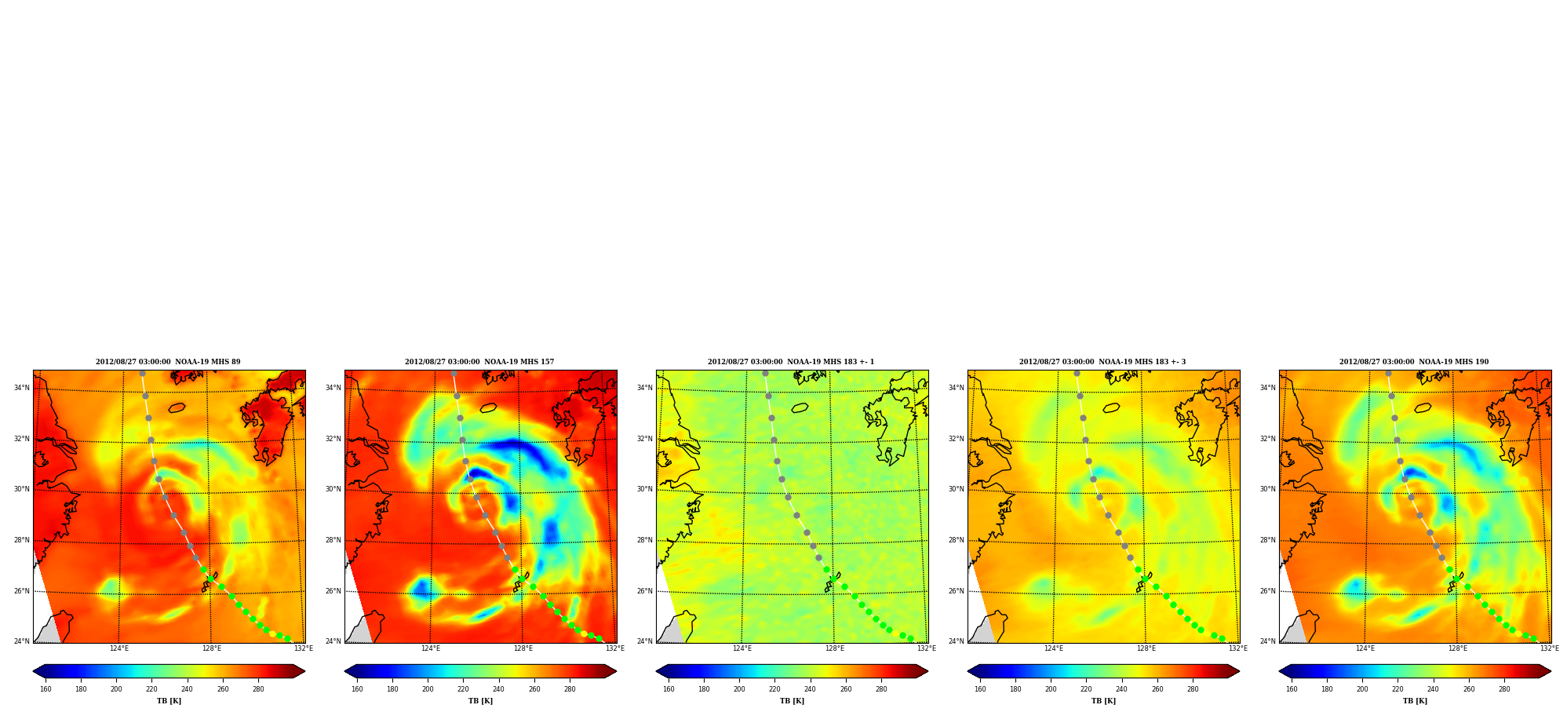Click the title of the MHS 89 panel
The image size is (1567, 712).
tap(168, 362)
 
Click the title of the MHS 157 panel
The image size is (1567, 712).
tap(479, 362)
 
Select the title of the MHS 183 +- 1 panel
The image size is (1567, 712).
tap(791, 362)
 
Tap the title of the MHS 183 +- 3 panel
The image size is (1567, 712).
tap(1102, 362)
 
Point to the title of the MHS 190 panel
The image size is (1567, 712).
tap(1414, 362)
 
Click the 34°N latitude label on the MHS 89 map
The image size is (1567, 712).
tap(21, 388)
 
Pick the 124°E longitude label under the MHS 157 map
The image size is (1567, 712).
tap(430, 648)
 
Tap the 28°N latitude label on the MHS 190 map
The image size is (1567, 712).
tap(1268, 540)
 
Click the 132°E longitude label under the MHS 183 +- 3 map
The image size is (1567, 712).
tap(1237, 648)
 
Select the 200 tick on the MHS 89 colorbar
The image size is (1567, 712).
tap(116, 689)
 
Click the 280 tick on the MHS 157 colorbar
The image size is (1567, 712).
tap(570, 689)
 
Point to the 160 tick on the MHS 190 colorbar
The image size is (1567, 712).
tap(1292, 689)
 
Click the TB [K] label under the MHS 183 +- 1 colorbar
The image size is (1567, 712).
tap(792, 701)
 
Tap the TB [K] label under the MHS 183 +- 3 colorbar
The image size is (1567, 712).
tap(1103, 701)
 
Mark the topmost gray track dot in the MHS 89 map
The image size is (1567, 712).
tap(142, 374)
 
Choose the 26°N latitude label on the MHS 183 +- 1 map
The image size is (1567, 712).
tap(644, 591)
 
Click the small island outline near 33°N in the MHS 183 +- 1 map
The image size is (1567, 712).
tap(800, 407)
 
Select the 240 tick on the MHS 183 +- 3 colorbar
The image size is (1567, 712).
tap(1122, 689)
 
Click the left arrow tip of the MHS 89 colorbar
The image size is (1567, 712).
tap(33, 671)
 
